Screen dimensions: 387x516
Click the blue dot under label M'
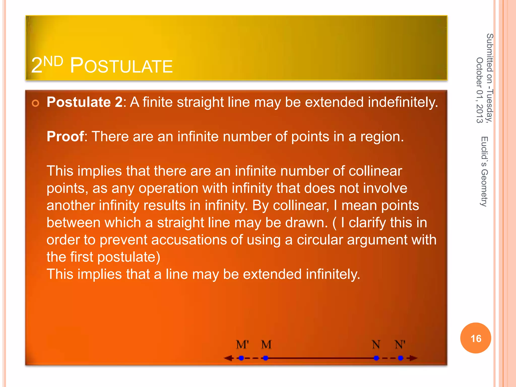click(241, 358)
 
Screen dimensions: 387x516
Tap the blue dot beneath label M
click(266, 358)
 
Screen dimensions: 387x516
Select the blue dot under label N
click(376, 358)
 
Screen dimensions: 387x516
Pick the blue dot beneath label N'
click(401, 358)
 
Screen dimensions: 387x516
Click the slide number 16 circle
click(476, 338)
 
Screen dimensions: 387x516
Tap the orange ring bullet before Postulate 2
click(36, 103)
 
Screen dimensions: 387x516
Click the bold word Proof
click(65, 137)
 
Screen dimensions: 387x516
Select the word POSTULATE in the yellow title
click(121, 66)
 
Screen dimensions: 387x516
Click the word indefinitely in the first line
click(403, 103)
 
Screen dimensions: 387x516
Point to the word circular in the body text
click(320, 240)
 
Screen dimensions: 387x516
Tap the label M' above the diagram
click(242, 344)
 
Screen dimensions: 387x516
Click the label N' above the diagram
click(400, 344)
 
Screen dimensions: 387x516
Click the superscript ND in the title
click(53, 61)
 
